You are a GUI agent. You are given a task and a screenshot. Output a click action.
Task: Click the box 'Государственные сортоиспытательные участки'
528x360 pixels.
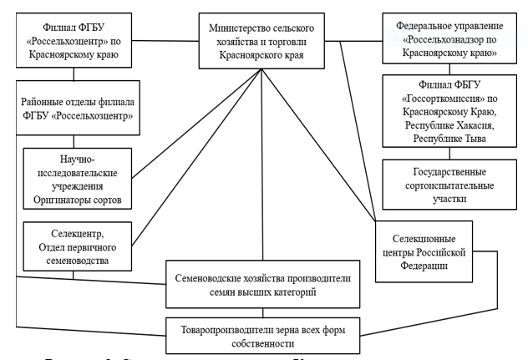449,183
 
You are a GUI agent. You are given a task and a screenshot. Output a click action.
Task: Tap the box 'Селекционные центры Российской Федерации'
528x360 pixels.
424,250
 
